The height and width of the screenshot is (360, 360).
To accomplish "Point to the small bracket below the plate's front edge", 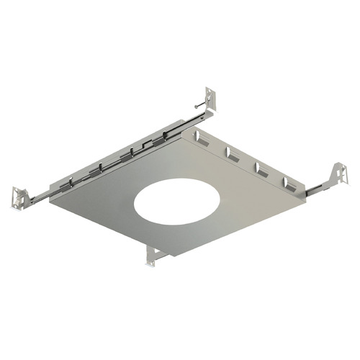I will pyautogui.click(x=153, y=255).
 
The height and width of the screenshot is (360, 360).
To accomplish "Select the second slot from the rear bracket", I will pyautogui.click(x=231, y=155).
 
